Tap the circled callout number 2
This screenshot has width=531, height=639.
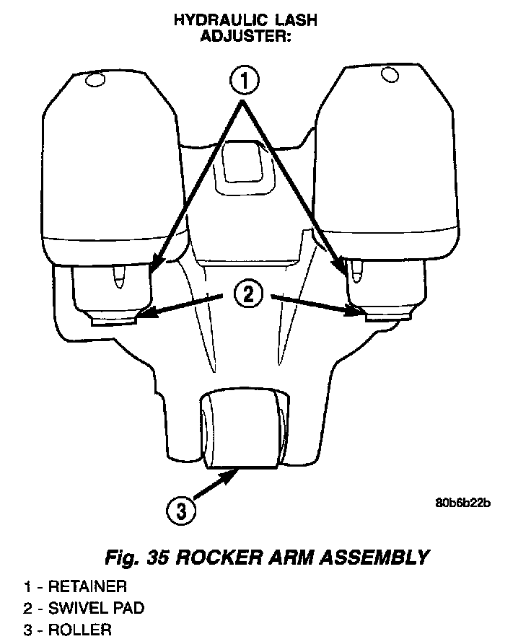click(x=246, y=293)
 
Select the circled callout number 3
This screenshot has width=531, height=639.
click(x=180, y=511)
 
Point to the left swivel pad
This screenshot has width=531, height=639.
click(x=116, y=319)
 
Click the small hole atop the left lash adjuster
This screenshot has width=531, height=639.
click(x=95, y=81)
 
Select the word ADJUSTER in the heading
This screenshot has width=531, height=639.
click(x=245, y=36)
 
